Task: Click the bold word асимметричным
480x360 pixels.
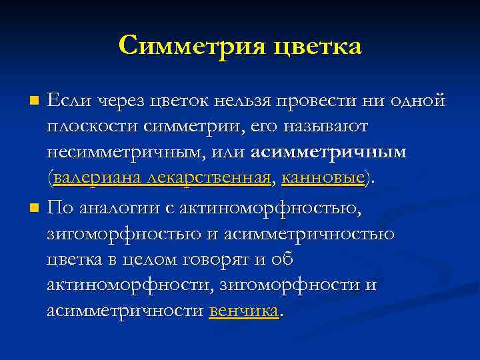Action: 329,151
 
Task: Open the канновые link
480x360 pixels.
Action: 323,177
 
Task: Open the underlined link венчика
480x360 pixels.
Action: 244,311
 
